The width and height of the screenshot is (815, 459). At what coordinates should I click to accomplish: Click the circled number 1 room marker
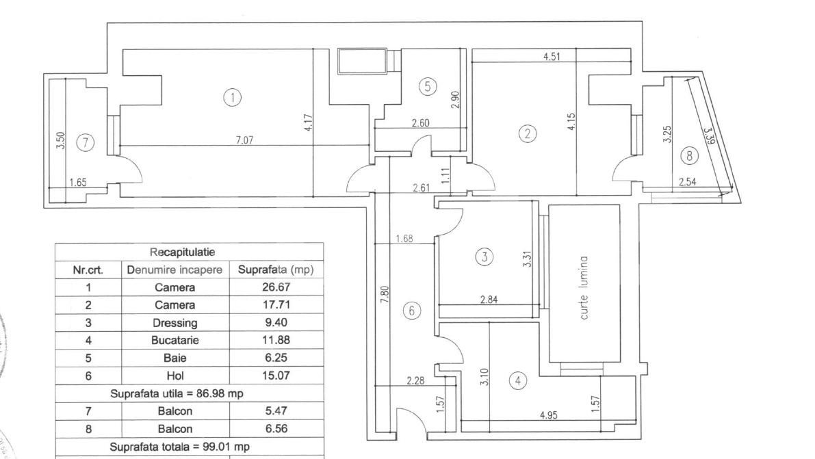[233, 98]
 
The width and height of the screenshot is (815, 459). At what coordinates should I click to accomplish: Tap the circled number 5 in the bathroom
[427, 86]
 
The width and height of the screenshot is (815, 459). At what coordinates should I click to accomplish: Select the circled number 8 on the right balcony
[689, 156]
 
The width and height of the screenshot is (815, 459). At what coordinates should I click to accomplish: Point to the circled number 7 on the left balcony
[85, 142]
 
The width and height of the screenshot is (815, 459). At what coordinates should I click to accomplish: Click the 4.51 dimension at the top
[552, 57]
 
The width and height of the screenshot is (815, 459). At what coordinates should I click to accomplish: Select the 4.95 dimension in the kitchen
[548, 415]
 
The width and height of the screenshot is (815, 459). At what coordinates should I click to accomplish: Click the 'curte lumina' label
[584, 290]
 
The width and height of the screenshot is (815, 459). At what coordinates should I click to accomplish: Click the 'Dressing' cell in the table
[174, 323]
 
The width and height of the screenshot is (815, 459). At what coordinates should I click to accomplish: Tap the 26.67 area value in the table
[275, 287]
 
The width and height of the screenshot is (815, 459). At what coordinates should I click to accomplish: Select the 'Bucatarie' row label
[174, 341]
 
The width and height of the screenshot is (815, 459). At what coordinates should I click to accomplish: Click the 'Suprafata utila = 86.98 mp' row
[177, 393]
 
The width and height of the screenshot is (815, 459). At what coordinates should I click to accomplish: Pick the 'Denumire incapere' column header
[174, 270]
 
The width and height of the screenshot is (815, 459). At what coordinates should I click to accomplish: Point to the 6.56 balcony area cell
[275, 429]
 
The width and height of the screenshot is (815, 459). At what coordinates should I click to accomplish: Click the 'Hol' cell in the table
[174, 376]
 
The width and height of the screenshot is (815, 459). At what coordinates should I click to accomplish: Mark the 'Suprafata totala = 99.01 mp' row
[179, 447]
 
